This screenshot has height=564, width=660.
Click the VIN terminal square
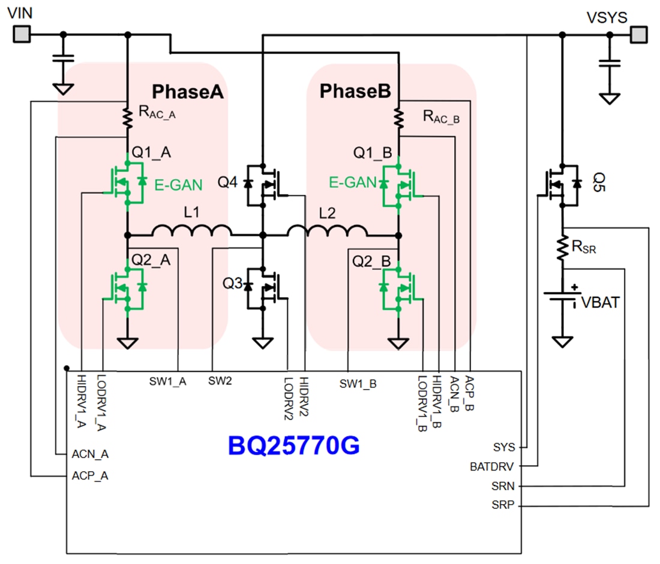[x=21, y=35]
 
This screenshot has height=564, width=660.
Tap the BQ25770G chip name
[x=293, y=445]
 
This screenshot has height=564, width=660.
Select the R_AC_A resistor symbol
[x=128, y=117]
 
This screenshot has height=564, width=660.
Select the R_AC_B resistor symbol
[x=398, y=117]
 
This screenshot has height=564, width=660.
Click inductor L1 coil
[x=191, y=230]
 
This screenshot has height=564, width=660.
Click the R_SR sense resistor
[x=562, y=247]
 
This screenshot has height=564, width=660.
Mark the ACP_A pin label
[x=90, y=476]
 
